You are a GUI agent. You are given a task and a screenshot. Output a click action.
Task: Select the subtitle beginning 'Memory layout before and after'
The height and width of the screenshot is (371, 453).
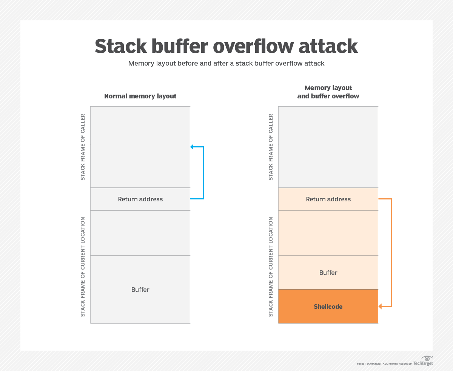(226, 63)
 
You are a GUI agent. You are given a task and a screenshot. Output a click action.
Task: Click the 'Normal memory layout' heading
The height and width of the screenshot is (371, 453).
(140, 96)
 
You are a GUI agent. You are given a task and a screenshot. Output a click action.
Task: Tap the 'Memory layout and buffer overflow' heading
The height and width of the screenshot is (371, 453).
(328, 92)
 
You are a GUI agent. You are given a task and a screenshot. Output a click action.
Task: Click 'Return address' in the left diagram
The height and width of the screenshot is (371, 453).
(140, 199)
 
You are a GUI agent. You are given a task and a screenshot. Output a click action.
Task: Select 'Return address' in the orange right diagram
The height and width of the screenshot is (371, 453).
(328, 199)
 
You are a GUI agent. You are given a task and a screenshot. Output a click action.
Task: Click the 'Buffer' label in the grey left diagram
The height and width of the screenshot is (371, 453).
(140, 290)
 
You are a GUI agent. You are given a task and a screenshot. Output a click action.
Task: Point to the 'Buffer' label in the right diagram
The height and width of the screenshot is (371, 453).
(328, 273)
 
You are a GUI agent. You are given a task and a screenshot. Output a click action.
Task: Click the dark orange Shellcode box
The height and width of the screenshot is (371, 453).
(328, 307)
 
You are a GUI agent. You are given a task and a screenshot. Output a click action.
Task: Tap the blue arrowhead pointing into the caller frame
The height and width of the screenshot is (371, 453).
(192, 147)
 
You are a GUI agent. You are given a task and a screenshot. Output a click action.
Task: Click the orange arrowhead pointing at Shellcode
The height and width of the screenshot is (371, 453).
(380, 307)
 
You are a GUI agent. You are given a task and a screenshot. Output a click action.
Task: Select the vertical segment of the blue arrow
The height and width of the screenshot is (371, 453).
(203, 173)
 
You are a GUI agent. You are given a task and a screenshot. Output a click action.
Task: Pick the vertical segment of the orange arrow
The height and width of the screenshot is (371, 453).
(391, 253)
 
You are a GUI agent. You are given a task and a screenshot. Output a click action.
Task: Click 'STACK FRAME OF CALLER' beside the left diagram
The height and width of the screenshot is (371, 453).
(83, 147)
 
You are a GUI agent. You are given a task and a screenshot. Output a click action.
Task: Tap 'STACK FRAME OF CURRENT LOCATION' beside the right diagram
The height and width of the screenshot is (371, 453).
(271, 267)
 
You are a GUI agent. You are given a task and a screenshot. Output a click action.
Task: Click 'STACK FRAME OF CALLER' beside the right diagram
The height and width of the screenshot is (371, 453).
(271, 147)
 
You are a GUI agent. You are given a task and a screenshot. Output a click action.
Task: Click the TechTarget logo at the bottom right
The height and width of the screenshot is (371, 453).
(424, 361)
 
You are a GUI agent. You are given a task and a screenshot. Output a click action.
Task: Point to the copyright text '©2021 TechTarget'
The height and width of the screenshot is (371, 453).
(384, 364)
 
